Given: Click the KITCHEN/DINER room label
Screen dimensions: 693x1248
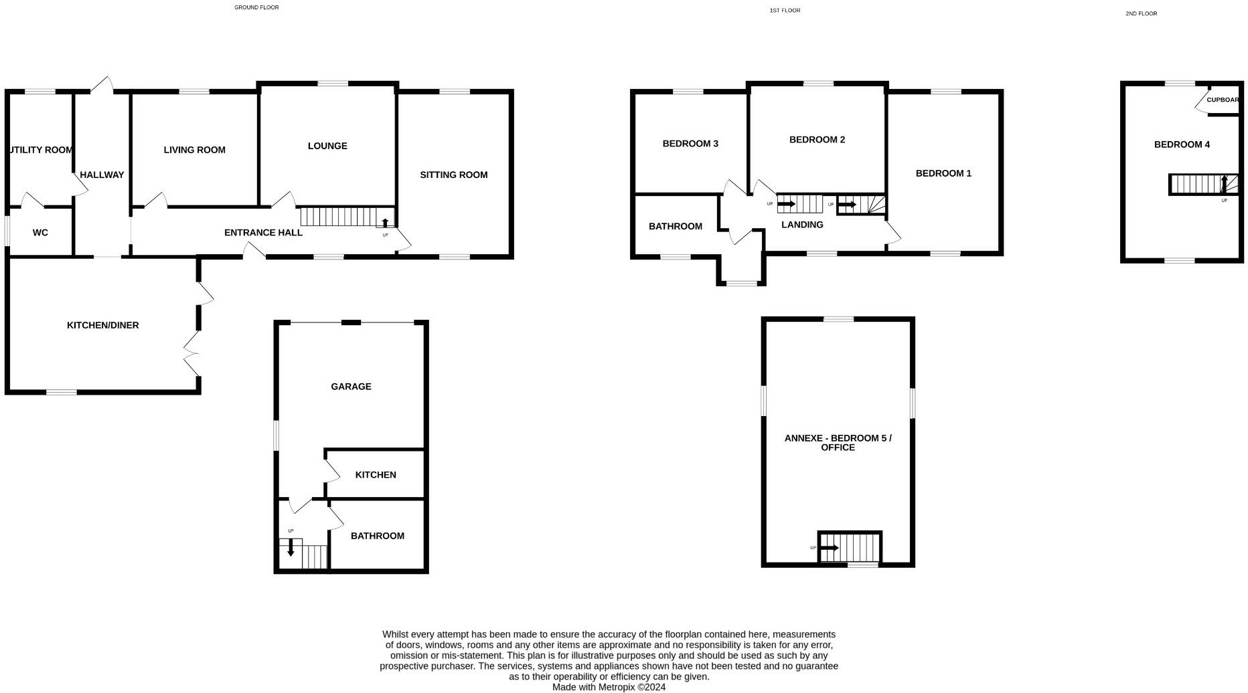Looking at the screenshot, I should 102,325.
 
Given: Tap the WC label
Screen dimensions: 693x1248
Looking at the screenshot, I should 40,233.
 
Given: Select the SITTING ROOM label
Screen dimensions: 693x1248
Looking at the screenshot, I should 453,175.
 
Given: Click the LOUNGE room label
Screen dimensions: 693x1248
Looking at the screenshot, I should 327,146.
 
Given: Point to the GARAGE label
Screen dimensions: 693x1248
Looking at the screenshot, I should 351,387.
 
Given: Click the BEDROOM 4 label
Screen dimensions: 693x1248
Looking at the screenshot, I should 1182,144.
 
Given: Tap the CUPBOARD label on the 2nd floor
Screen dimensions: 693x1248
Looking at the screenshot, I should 1223,100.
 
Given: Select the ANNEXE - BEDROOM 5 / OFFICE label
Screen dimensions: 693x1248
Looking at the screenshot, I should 838,442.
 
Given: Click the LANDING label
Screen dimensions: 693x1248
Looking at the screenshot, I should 802,225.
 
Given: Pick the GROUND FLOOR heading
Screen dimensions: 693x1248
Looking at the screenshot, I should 256,7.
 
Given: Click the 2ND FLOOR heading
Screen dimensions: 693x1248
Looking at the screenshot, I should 1141,13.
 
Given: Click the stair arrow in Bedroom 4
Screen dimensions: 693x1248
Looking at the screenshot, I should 1224,183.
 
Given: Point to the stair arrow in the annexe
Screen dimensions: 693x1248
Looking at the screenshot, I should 830,548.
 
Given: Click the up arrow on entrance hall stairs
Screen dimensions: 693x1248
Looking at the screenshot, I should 385,223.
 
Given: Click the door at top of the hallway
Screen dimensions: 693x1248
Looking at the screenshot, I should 102,85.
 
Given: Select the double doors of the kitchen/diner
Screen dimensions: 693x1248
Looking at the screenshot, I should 191,353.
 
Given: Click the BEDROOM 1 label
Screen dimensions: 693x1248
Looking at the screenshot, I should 943,173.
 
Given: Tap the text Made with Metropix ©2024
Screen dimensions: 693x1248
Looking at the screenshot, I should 609,687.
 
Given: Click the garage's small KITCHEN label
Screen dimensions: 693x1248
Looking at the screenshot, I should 376,475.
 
